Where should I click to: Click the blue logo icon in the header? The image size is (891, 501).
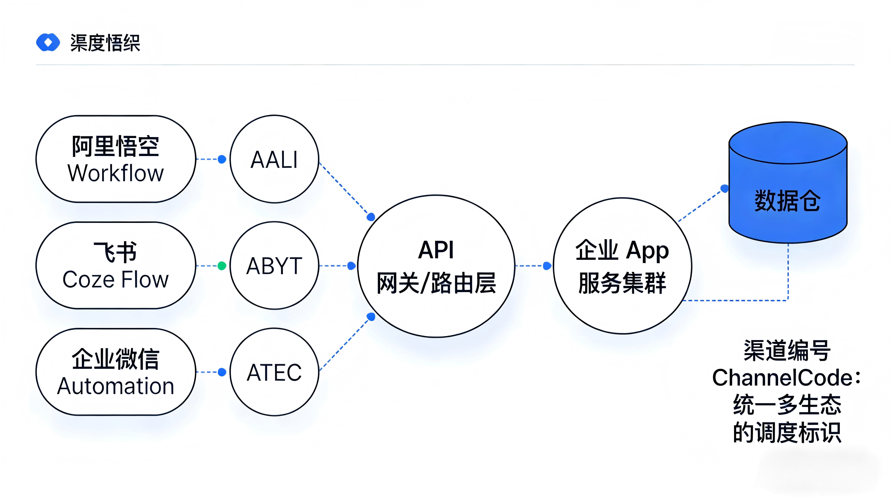[x=48, y=42]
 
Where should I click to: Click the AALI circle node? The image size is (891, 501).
[x=274, y=160]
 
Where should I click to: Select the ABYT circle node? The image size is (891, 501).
[x=274, y=266]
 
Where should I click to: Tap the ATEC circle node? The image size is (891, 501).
[x=274, y=372]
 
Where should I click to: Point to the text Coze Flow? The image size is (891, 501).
[x=116, y=280]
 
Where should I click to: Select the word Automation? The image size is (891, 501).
[x=116, y=386]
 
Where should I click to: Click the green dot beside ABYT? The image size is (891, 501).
[x=222, y=266]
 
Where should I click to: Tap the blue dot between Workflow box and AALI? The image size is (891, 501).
[x=222, y=160]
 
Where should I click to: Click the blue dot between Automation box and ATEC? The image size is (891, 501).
[x=222, y=372]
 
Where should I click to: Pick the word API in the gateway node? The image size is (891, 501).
[x=436, y=250]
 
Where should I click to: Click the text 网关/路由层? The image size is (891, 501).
[x=436, y=283]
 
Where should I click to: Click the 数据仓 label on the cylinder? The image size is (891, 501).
[x=787, y=201]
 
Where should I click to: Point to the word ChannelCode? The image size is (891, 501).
[x=782, y=378]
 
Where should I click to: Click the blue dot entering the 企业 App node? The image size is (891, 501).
[x=547, y=266]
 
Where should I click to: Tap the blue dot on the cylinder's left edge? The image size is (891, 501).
[x=724, y=189]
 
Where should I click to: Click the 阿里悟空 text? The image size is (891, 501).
[x=116, y=146]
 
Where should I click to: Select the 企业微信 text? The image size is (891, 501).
[x=116, y=359]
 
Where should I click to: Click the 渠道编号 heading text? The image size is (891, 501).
[x=787, y=351]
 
